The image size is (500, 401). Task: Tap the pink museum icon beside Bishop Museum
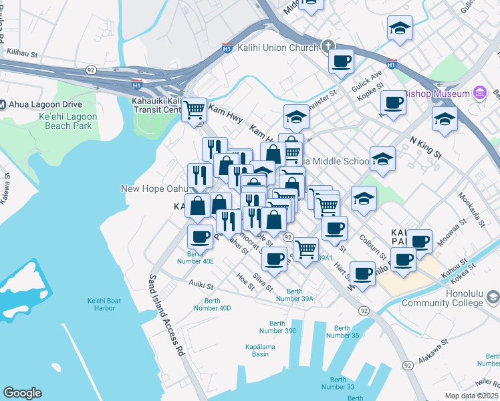479,93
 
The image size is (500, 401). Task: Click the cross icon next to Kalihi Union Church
328,47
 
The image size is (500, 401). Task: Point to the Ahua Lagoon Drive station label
45,104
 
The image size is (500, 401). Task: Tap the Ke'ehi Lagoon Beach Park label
68,121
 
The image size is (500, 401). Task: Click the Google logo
22,393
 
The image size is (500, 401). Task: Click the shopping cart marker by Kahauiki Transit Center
195,108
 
